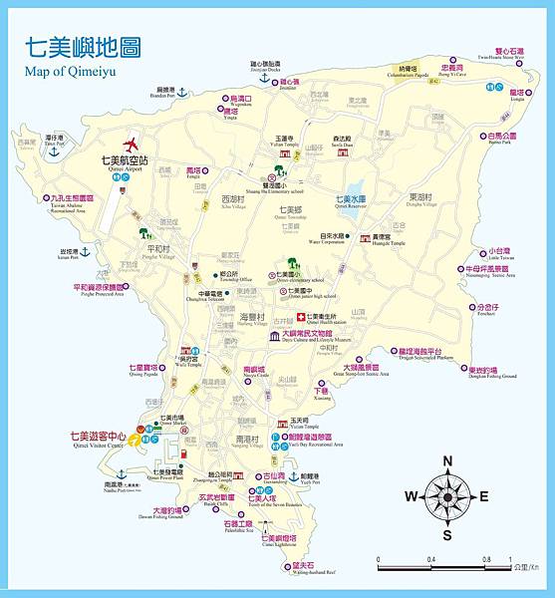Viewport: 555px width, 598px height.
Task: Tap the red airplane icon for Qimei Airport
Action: click(131, 143)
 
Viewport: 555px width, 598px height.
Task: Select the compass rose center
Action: click(447, 495)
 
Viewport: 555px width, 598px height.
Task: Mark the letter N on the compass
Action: click(447, 459)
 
